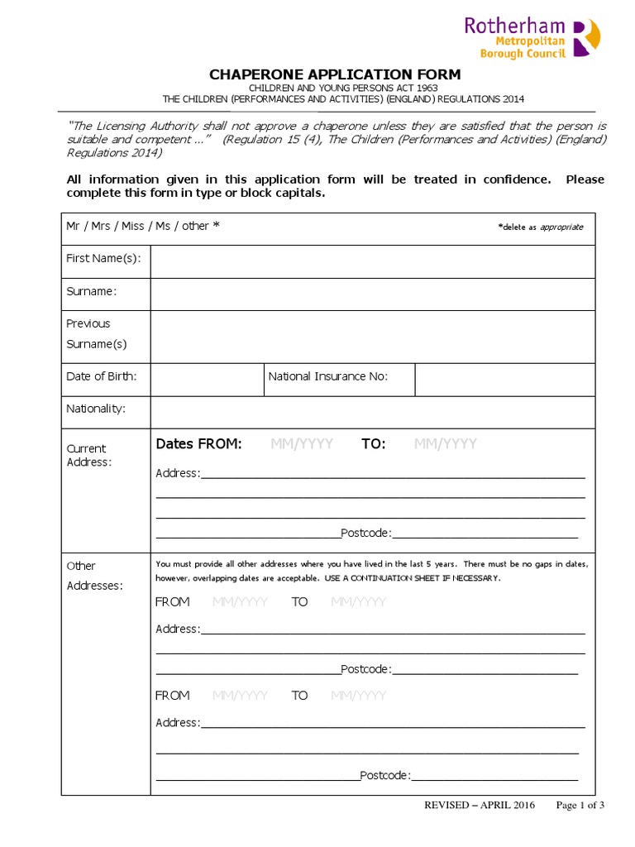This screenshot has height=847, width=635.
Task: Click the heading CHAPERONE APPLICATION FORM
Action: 334,74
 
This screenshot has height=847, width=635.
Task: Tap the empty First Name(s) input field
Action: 372,261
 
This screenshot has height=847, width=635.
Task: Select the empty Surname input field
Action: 372,294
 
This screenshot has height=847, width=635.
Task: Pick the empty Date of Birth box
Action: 207,379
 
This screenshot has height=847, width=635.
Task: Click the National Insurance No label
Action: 327,376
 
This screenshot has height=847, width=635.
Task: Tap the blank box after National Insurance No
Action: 504,379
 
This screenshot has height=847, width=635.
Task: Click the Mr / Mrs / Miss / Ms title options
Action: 142,226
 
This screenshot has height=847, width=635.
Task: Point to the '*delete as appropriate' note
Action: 540,227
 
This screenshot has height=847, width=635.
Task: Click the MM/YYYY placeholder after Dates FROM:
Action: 302,444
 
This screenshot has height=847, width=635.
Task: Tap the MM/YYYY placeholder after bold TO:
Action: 446,444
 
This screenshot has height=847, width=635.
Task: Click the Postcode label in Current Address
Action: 365,534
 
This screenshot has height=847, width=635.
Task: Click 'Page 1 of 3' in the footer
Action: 580,805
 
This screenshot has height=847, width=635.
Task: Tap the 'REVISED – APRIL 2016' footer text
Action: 468,805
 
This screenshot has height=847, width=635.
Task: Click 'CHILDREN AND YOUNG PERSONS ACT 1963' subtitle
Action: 343,88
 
